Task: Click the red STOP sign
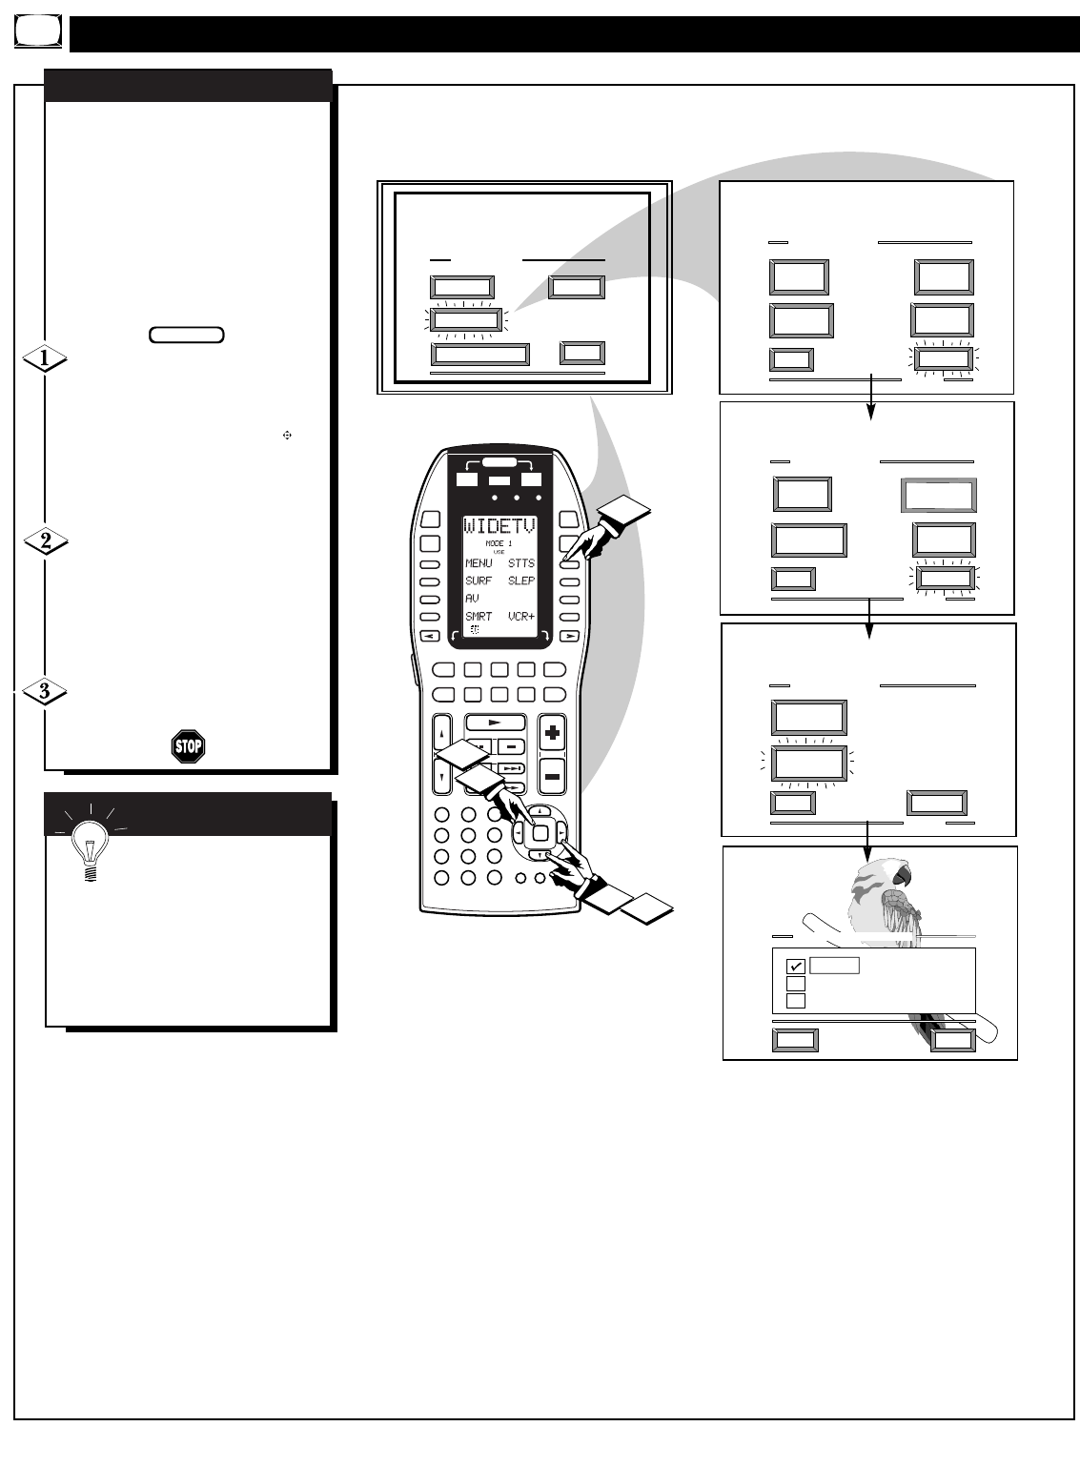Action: click(188, 746)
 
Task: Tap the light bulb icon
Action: click(90, 845)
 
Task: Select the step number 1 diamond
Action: click(45, 359)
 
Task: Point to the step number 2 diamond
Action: click(45, 541)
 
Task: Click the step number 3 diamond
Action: click(45, 691)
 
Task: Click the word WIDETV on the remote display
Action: click(499, 527)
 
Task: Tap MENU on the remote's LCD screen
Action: click(479, 563)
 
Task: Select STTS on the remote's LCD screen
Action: click(521, 563)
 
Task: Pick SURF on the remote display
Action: click(479, 581)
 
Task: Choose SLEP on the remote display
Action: click(521, 581)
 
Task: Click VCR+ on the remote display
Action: click(521, 617)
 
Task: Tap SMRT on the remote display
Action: click(479, 617)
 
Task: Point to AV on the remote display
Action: click(473, 599)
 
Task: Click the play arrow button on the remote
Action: click(496, 723)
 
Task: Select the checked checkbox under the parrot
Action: click(796, 967)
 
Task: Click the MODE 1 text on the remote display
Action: click(499, 543)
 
